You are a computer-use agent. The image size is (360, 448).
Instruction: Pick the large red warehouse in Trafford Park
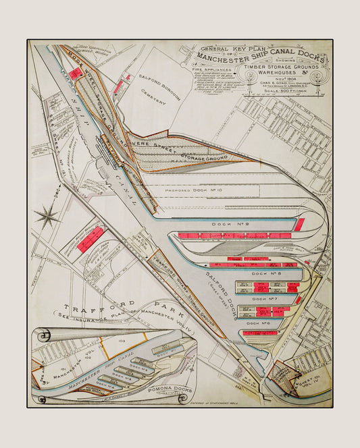[90, 239]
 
